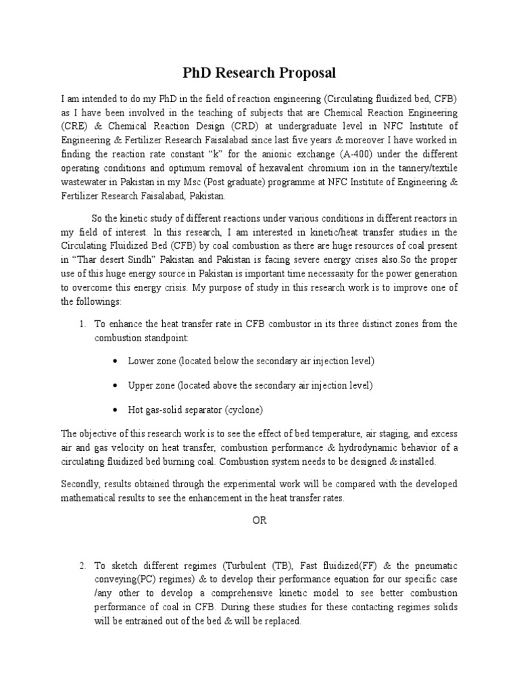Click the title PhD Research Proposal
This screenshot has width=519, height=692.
tap(259, 72)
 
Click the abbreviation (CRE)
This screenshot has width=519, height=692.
tap(74, 125)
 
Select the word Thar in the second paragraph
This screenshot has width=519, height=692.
tap(89, 259)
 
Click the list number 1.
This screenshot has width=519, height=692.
tap(82, 324)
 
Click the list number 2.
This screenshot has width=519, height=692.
tap(82, 564)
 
